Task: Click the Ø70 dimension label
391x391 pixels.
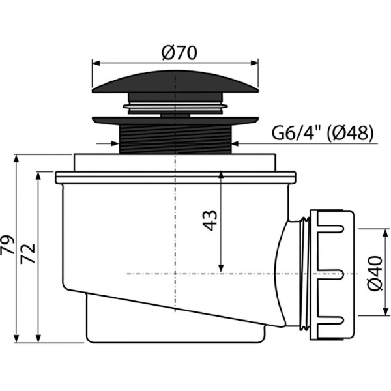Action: (x=179, y=53)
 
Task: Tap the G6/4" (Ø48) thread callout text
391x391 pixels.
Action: (x=323, y=133)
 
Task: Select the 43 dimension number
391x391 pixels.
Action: (x=210, y=221)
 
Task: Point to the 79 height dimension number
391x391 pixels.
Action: (x=7, y=244)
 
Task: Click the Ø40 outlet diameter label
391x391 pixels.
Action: (x=375, y=273)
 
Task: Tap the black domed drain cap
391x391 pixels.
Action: (x=175, y=82)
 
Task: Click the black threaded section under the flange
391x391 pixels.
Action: (x=175, y=139)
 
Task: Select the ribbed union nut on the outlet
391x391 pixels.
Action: (x=332, y=275)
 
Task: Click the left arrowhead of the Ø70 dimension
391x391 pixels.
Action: (x=96, y=63)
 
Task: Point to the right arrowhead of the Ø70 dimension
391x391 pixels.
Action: (x=254, y=63)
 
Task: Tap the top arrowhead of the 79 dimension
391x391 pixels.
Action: (x=16, y=159)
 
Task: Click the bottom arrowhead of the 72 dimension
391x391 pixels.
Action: (x=38, y=339)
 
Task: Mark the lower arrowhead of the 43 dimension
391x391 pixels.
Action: (x=221, y=268)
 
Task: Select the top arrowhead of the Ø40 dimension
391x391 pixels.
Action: (x=386, y=233)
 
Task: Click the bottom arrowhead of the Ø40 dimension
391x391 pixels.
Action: (x=386, y=311)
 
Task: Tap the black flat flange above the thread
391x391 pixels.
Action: (x=175, y=121)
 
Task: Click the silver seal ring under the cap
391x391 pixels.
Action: (x=175, y=106)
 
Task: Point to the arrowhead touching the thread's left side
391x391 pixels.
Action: (x=115, y=143)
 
